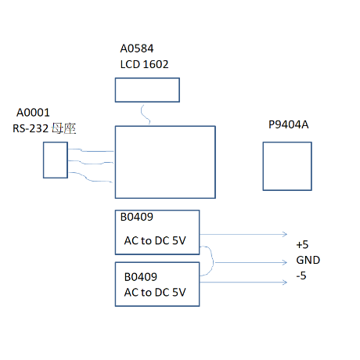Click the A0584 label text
click(x=137, y=49)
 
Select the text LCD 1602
click(x=144, y=64)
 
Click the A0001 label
click(x=33, y=113)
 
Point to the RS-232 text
click(x=31, y=128)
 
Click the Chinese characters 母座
click(x=63, y=128)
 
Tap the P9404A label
click(x=289, y=124)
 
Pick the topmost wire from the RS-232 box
click(x=91, y=151)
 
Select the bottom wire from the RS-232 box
click(x=88, y=178)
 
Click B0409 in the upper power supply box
click(x=137, y=217)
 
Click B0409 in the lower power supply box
click(x=141, y=277)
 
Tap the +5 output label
click(x=302, y=245)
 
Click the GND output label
click(x=308, y=260)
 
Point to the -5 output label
click(x=301, y=275)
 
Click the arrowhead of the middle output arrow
click(x=286, y=262)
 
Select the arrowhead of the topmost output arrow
click(x=285, y=234)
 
